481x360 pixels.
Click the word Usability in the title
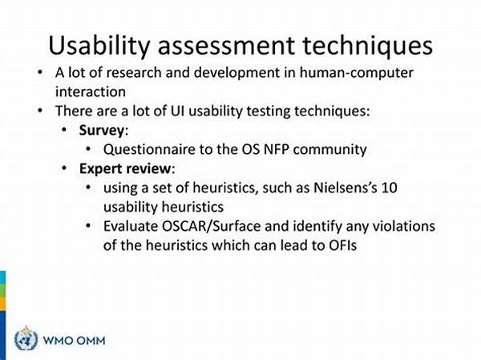(99, 47)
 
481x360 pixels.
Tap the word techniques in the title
(367, 45)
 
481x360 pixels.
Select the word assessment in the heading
(226, 46)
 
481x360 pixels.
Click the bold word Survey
(102, 131)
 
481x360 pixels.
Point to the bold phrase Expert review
(125, 169)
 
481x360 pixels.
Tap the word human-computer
(357, 73)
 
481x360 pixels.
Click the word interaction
(91, 91)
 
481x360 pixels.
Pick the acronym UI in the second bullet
(177, 111)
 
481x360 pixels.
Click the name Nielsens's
(345, 188)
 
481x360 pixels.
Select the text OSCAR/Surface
(211, 226)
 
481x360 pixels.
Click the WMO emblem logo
(26, 338)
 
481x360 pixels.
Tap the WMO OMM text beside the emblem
(74, 341)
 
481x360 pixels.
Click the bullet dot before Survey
(64, 130)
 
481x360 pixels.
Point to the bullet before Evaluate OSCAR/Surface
(88, 226)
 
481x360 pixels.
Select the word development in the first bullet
(236, 73)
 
